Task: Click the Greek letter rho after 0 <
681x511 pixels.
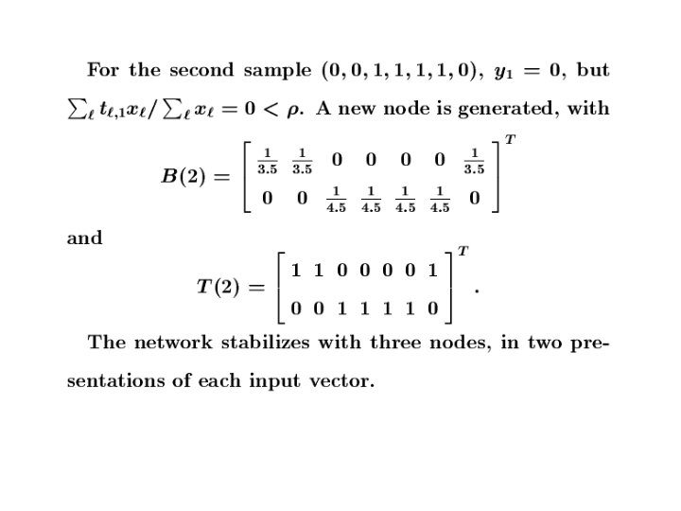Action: pyautogui.click(x=297, y=110)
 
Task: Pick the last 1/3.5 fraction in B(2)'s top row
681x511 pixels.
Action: pyautogui.click(x=474, y=161)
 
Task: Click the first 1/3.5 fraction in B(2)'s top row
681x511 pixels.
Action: pyautogui.click(x=269, y=161)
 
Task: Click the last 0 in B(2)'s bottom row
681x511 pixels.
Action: pyautogui.click(x=474, y=198)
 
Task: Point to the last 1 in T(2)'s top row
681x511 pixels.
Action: pyautogui.click(x=433, y=271)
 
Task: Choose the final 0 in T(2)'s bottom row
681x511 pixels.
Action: pyautogui.click(x=433, y=308)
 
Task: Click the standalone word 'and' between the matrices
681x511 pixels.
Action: pyautogui.click(x=85, y=238)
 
